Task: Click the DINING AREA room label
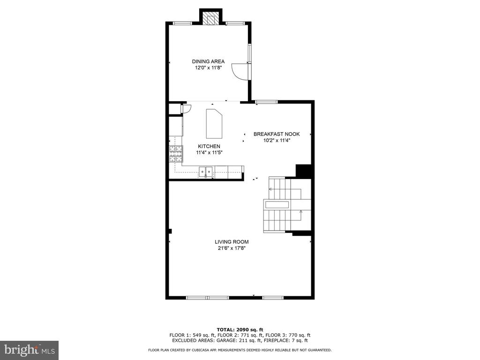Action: (208, 61)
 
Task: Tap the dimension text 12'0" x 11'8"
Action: (208, 68)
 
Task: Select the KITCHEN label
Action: (209, 146)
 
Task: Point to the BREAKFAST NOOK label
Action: (277, 134)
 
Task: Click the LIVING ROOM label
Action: (232, 242)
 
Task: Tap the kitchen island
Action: (214, 124)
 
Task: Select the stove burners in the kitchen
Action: (176, 154)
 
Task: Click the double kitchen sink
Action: (206, 172)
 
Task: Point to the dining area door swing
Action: (241, 71)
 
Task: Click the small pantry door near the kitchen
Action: (186, 109)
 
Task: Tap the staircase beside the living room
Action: (287, 204)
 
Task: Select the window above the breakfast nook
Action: (267, 102)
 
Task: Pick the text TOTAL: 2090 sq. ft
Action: (240, 330)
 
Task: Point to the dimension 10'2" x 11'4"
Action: (277, 141)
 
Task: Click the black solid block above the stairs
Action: (304, 171)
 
